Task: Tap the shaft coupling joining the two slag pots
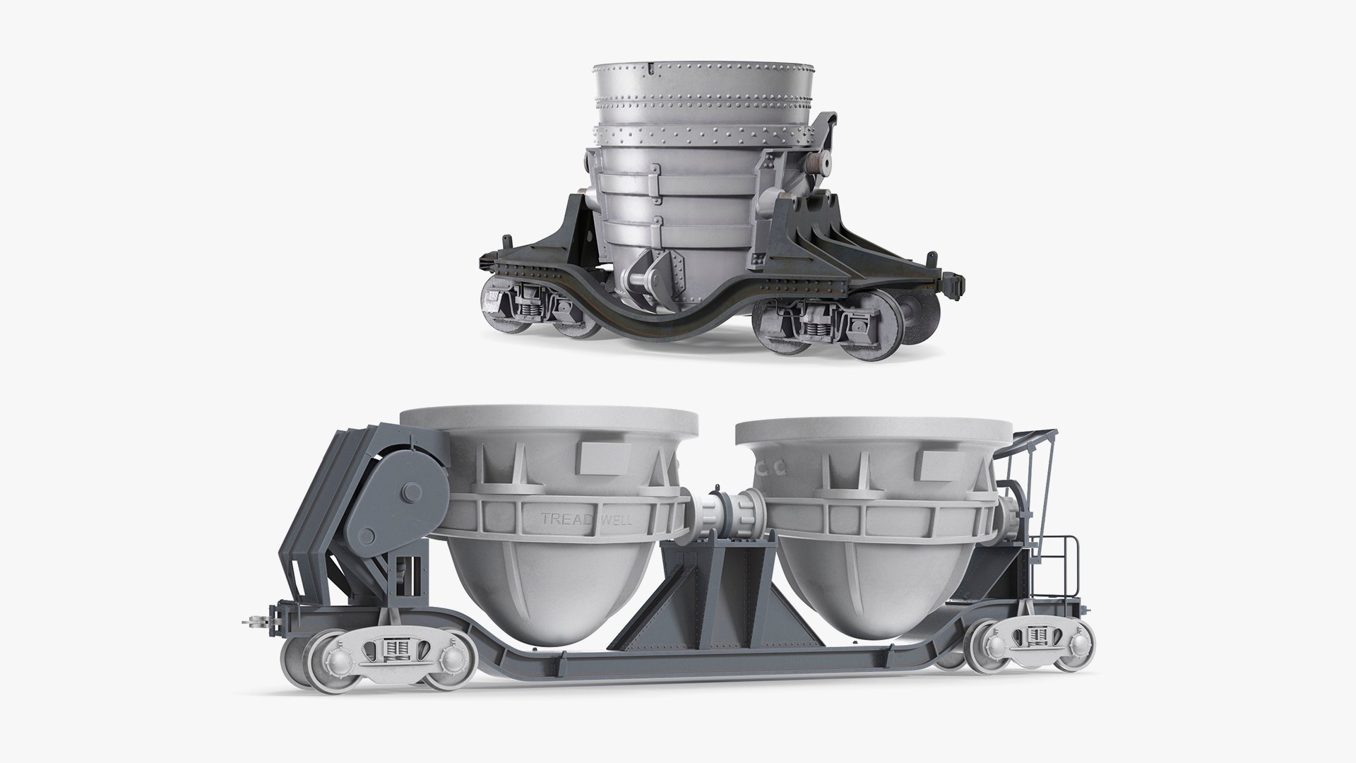point(727,518)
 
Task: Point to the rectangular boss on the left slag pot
point(601,460)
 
